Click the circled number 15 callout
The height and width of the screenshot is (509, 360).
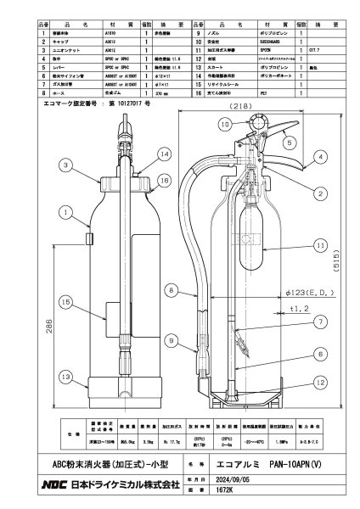pyautogui.click(x=65, y=300)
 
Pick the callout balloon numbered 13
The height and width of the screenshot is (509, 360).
pyautogui.click(x=65, y=377)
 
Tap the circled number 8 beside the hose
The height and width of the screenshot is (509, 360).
pyautogui.click(x=171, y=291)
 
